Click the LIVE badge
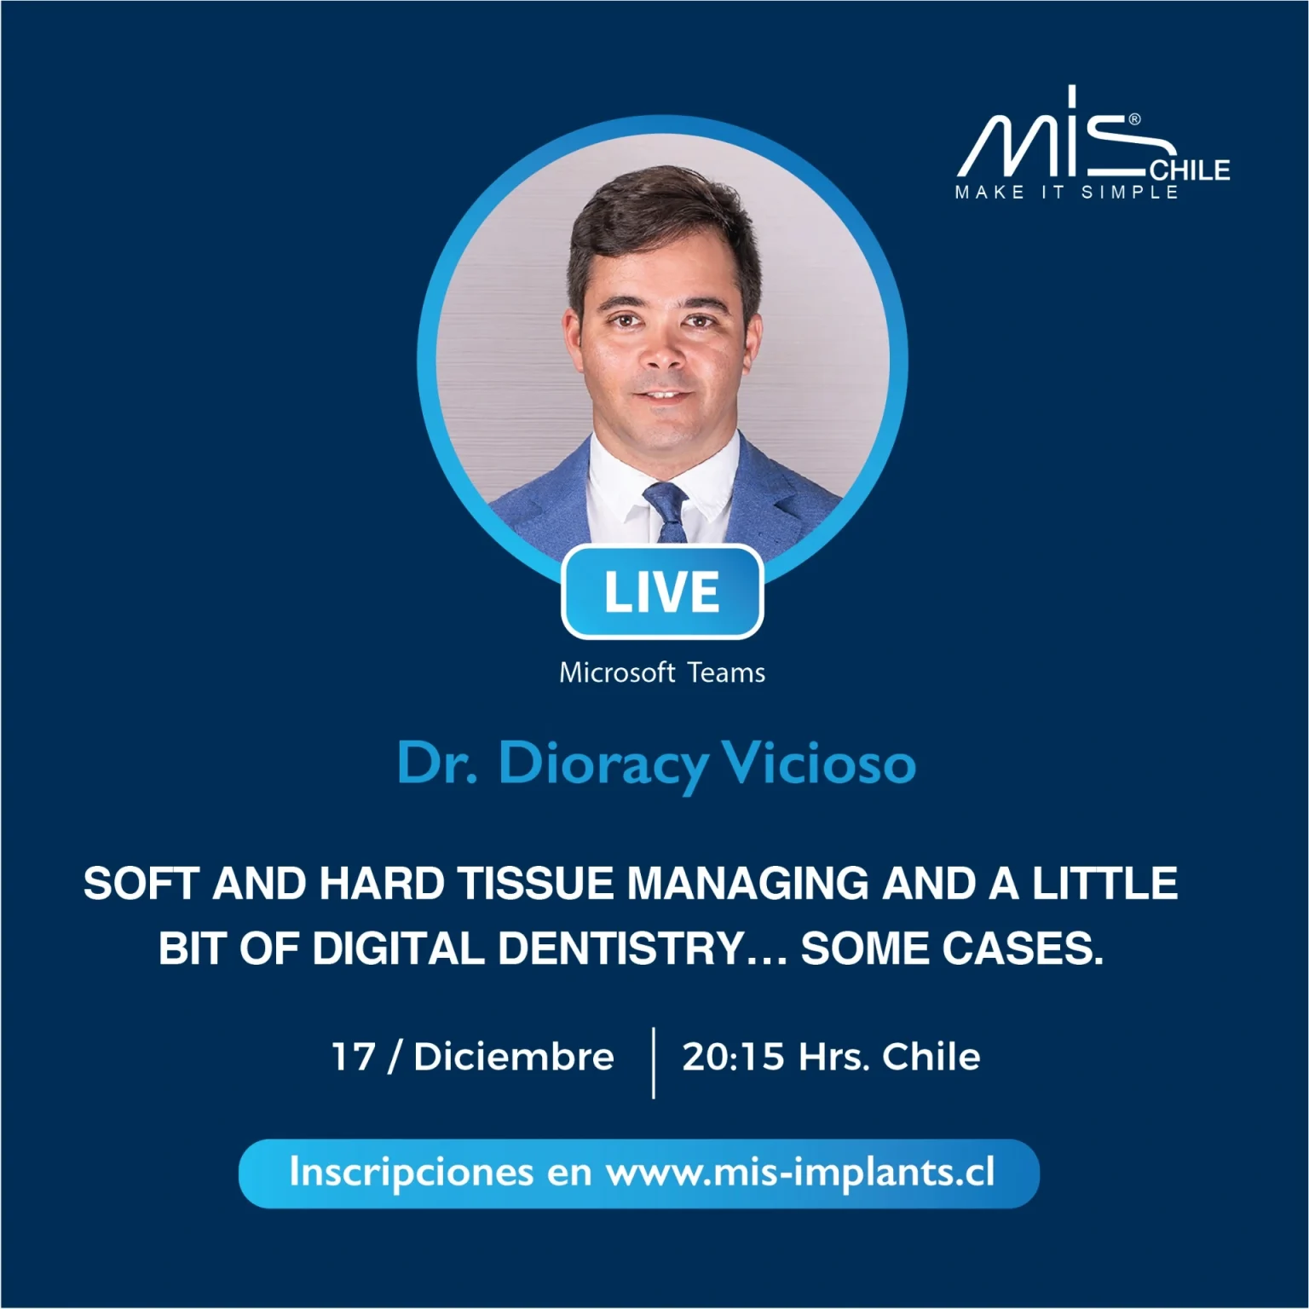click(x=662, y=592)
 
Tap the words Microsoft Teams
click(x=662, y=673)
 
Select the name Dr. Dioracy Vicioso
click(x=656, y=764)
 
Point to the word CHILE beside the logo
click(x=1191, y=170)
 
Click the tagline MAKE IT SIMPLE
click(x=1067, y=193)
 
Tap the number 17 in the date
click(x=354, y=1057)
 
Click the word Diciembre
click(x=514, y=1057)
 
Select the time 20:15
click(x=733, y=1057)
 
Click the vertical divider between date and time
click(x=654, y=1063)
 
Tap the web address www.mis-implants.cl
click(x=800, y=1173)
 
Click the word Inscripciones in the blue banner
click(x=412, y=1173)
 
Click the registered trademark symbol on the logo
click(x=1134, y=120)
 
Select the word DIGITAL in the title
click(x=398, y=949)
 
